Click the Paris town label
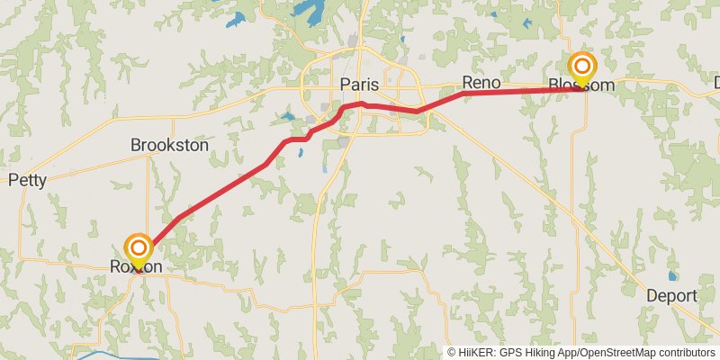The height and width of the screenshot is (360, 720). (359, 85)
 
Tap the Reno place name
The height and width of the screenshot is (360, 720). (481, 81)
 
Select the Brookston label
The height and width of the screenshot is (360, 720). (169, 145)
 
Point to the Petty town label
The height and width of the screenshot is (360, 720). (27, 180)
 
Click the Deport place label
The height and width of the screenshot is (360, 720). (671, 296)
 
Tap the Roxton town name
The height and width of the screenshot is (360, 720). (136, 267)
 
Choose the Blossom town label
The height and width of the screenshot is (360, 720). (581, 85)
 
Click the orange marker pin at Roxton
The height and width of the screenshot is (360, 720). (138, 248)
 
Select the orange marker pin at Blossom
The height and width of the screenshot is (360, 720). (582, 66)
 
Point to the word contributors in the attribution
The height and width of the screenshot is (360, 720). (684, 352)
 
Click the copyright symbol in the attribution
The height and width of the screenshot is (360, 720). (452, 352)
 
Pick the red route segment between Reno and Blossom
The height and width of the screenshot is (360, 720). (522, 91)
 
